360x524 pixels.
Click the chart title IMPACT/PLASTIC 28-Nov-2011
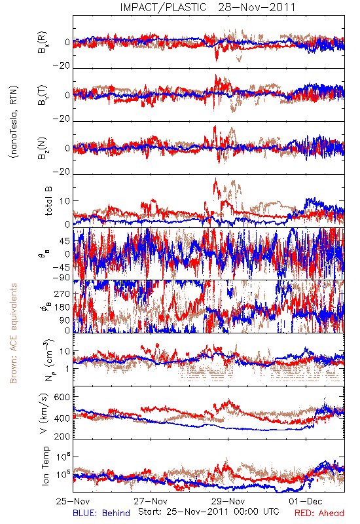(x=207, y=7)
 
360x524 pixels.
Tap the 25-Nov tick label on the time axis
(x=73, y=501)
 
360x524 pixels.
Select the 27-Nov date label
(x=151, y=501)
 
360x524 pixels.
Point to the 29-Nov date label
(x=228, y=501)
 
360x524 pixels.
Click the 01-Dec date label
(x=306, y=501)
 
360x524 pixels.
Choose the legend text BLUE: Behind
(x=101, y=514)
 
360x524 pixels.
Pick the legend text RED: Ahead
(x=319, y=514)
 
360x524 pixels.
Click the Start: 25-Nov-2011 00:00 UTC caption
(x=209, y=512)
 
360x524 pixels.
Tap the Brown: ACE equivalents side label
(x=13, y=333)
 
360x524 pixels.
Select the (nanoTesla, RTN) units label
(x=14, y=122)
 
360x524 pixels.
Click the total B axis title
(x=48, y=201)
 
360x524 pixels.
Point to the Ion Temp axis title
(x=46, y=466)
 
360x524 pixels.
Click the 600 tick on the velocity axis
(x=62, y=397)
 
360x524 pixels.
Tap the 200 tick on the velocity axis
(x=62, y=436)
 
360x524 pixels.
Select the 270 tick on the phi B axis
(x=62, y=293)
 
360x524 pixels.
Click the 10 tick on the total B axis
(x=65, y=201)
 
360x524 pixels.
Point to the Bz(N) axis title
(x=43, y=148)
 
